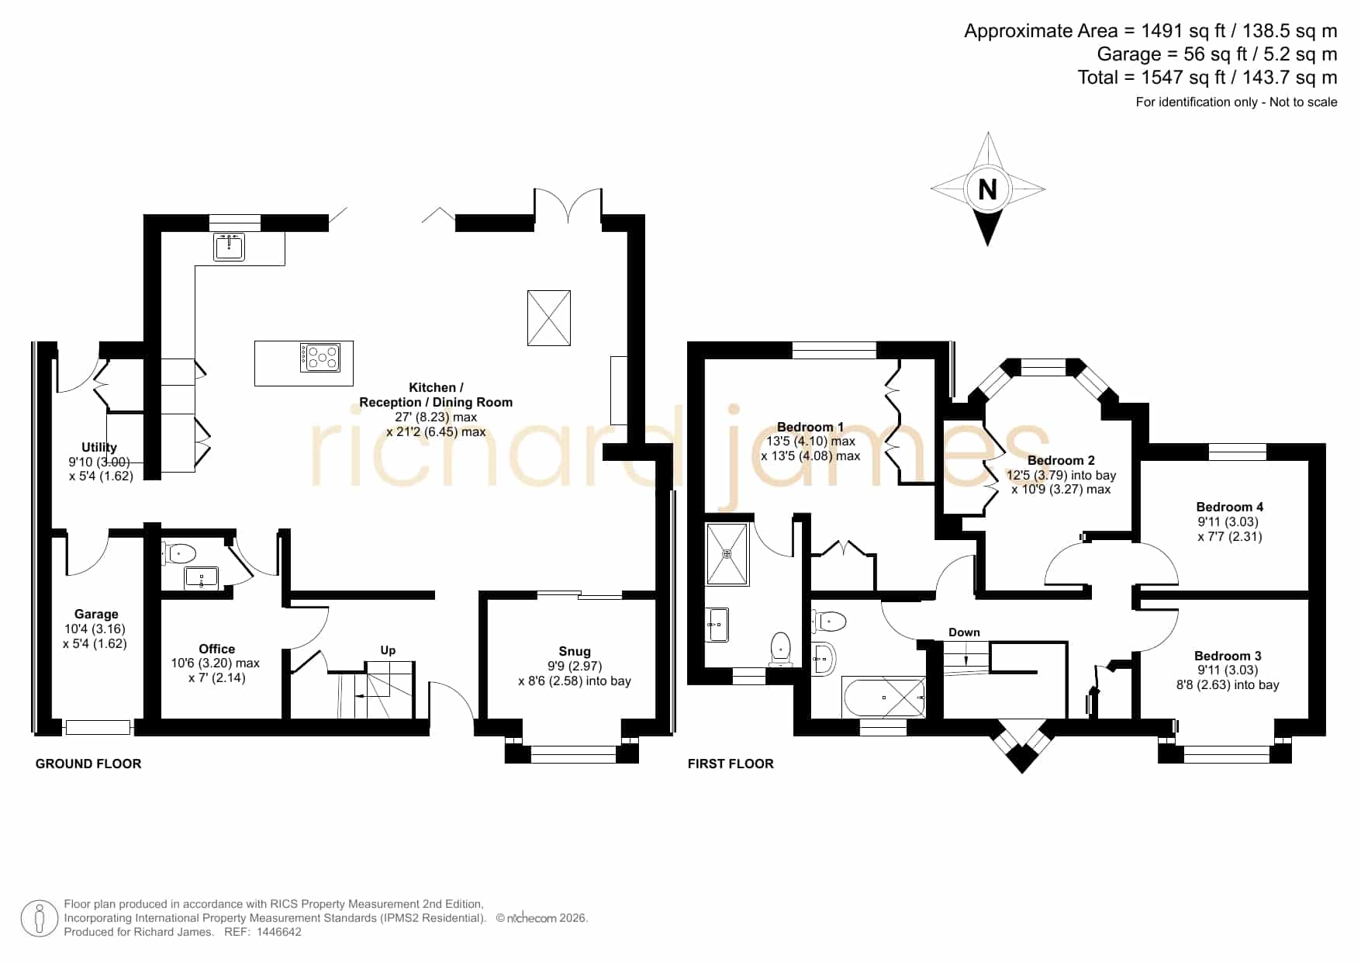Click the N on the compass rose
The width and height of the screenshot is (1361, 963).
pyautogui.click(x=987, y=189)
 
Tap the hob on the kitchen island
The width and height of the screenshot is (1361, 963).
pyautogui.click(x=320, y=357)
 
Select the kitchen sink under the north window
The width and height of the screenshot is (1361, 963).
pyautogui.click(x=229, y=246)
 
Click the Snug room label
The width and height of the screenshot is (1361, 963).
pyautogui.click(x=575, y=651)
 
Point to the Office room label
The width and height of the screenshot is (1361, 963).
pyautogui.click(x=217, y=649)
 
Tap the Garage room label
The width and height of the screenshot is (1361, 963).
pyautogui.click(x=96, y=614)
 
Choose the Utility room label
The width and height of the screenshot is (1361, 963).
pyautogui.click(x=99, y=447)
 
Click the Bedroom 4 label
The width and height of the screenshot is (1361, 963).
pyautogui.click(x=1230, y=507)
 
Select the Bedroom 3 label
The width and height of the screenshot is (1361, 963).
pyautogui.click(x=1228, y=656)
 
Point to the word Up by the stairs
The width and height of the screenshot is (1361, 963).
pyautogui.click(x=388, y=650)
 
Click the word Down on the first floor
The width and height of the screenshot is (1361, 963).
pyautogui.click(x=964, y=632)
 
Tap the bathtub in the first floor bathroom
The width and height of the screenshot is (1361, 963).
pyautogui.click(x=883, y=697)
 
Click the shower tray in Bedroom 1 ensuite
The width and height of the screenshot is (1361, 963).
pyautogui.click(x=727, y=553)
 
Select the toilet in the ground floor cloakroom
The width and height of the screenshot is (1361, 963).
pyautogui.click(x=179, y=553)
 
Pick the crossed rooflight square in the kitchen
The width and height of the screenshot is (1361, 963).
pyautogui.click(x=549, y=318)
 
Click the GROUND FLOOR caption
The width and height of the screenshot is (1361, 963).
pyautogui.click(x=88, y=764)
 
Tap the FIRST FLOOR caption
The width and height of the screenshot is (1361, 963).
pyautogui.click(x=731, y=764)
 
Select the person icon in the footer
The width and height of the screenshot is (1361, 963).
pyautogui.click(x=39, y=919)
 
